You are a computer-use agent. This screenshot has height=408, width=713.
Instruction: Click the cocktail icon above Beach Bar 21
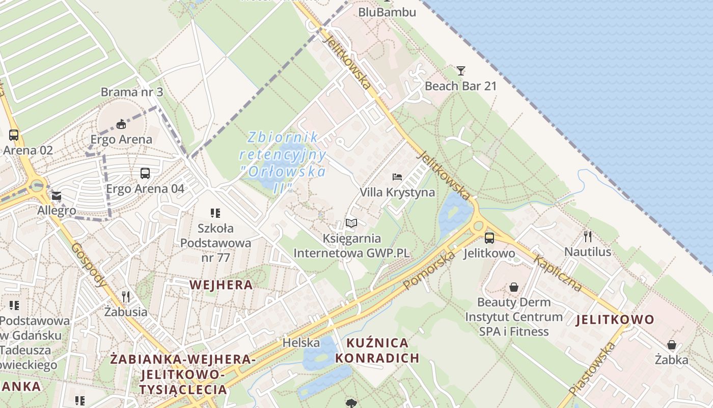461,70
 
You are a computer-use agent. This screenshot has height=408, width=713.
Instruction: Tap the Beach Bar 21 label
460,86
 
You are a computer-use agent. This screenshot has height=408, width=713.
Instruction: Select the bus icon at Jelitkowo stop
489,238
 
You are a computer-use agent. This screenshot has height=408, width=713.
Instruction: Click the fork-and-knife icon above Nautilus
588,237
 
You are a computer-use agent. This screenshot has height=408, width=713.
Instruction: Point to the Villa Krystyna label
397,192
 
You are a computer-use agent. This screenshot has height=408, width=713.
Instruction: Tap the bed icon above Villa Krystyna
397,177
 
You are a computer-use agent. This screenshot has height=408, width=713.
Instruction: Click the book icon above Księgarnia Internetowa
351,223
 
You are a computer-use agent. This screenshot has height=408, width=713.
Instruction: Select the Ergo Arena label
121,139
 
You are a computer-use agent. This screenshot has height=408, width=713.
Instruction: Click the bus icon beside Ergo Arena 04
145,173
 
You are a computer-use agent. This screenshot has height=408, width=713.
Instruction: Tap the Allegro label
57,211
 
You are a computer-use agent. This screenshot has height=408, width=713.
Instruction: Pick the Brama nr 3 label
132,92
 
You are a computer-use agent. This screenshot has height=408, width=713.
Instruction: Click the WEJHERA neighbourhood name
221,285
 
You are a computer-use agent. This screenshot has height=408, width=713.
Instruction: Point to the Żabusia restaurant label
126,312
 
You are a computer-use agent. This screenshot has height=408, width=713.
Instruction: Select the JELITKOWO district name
615,320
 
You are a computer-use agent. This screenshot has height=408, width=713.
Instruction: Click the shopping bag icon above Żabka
672,345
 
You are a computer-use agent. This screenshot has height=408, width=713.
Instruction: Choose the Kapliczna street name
558,273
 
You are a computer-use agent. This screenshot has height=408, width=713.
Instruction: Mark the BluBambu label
387,12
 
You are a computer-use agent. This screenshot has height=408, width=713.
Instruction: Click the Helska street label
301,343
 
